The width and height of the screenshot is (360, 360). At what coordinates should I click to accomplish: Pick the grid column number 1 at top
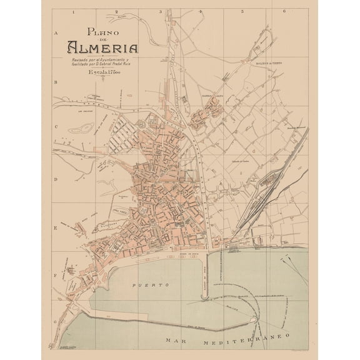[x=73, y=11]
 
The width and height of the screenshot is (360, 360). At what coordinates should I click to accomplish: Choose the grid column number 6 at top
[x=284, y=11]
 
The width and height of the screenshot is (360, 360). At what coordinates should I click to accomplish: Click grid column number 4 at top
[x=200, y=11]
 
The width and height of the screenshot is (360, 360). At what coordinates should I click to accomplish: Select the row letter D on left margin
[x=56, y=179]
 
